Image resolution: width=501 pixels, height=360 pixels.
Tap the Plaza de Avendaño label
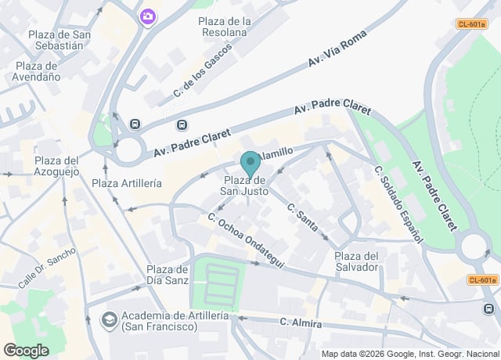pos(37,71)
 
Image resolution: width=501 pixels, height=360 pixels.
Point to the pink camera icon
pos(146,16)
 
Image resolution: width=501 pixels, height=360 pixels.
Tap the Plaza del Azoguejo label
pos(56,166)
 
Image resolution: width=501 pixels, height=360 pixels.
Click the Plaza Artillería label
pos(127,183)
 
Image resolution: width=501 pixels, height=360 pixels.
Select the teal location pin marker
pos(250,164)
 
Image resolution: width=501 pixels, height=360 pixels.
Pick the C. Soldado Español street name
pos(398,203)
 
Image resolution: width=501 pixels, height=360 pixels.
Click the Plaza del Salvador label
pos(356,261)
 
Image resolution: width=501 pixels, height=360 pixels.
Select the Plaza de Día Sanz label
pos(168,275)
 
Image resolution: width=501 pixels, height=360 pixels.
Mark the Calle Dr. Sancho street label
pos(47,268)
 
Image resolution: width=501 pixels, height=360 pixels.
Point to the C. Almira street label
pos(301,322)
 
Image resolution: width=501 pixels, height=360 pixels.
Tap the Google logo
pos(26,351)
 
